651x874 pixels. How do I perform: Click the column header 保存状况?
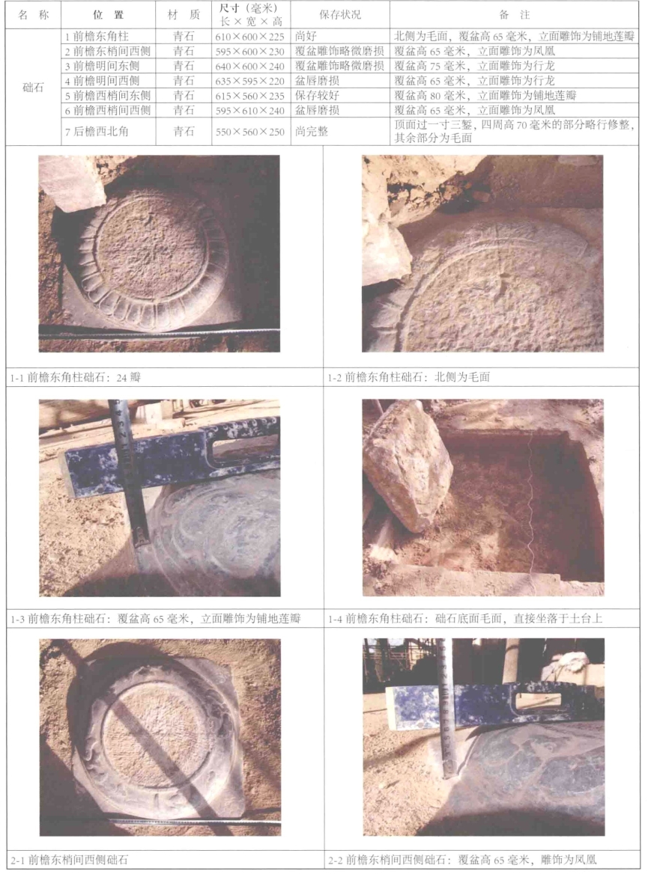tap(339, 15)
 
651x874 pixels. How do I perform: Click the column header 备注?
tap(515, 15)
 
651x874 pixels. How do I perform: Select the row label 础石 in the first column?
tap(33, 88)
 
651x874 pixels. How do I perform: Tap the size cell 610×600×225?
tap(250, 37)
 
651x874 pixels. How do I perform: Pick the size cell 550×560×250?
tap(250, 132)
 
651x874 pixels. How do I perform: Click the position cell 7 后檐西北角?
tap(97, 132)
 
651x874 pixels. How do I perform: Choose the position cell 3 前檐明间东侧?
tap(102, 66)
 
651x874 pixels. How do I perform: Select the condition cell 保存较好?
tap(317, 95)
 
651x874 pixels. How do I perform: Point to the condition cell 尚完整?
tap(312, 132)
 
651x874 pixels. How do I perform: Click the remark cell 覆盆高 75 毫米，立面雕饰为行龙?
tap(475, 66)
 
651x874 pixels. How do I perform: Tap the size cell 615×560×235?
tap(250, 96)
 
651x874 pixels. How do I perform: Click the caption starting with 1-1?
tap(76, 377)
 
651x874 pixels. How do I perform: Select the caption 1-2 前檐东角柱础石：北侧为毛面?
tap(409, 377)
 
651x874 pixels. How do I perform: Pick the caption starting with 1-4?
tap(465, 618)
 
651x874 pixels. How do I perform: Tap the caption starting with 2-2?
tap(462, 860)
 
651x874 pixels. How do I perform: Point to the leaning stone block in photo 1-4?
tap(408, 465)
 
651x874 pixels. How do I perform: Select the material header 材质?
tap(184, 15)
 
